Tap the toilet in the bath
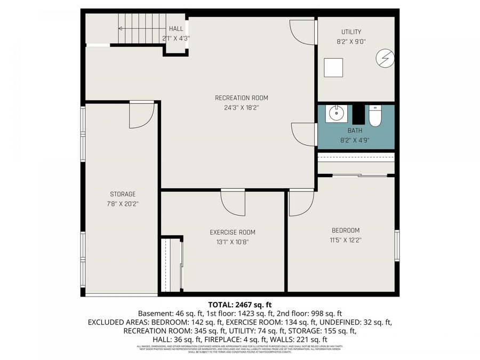(375, 115)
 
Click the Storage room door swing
(141, 115)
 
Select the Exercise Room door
(233, 202)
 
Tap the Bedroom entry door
(301, 203)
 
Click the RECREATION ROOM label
(241, 98)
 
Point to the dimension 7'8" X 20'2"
(123, 203)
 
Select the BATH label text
(355, 131)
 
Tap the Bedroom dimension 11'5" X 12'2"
(346, 239)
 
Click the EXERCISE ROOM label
(232, 232)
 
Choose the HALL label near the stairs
(176, 28)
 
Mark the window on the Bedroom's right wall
(397, 245)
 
